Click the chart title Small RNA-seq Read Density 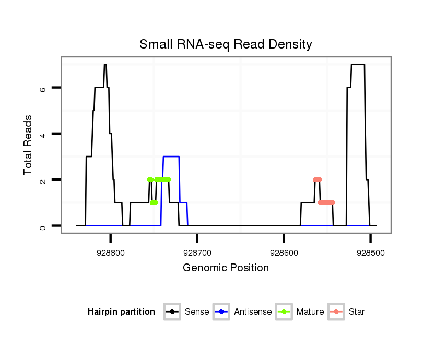(x=226, y=44)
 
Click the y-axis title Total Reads (x=29, y=145)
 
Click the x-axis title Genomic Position (x=226, y=268)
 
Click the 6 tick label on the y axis (x=44, y=88)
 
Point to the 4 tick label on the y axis (x=44, y=134)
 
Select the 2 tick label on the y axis (x=44, y=180)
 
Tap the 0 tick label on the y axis (x=44, y=226)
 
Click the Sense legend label (x=197, y=312)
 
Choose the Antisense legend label (x=253, y=312)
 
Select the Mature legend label (x=310, y=312)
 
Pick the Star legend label (x=357, y=312)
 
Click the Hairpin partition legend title (x=121, y=312)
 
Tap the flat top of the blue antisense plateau (x=171, y=157)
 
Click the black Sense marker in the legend (x=172, y=312)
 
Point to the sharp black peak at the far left (x=105, y=65)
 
